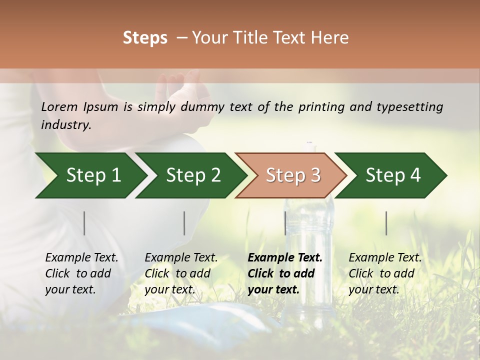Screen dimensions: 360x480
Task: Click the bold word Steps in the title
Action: [x=145, y=38]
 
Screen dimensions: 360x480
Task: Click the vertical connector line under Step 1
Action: [x=84, y=223]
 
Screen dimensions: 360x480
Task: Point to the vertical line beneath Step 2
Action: [x=184, y=223]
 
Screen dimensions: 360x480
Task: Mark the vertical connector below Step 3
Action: [x=285, y=223]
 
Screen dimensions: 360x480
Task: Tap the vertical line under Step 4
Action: [x=386, y=223]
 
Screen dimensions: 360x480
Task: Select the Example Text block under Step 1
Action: [x=81, y=273]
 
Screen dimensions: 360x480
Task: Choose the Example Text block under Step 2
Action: [x=181, y=273]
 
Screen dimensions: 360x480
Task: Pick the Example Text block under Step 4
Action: [x=385, y=273]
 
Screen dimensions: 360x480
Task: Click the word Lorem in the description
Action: [x=59, y=106]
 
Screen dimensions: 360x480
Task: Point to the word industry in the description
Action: [x=66, y=125]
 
